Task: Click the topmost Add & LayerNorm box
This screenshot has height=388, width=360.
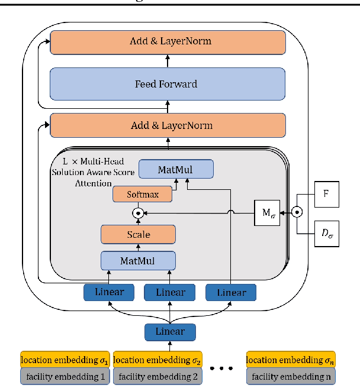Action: [168, 41]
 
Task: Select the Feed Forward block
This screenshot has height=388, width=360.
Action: [168, 84]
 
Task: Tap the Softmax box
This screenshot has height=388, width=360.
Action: [142, 193]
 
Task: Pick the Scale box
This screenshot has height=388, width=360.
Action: [139, 234]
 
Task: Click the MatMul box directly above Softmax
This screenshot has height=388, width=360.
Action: [176, 170]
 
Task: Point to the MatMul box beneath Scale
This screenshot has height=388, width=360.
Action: [139, 260]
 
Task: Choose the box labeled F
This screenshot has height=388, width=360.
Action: [325, 193]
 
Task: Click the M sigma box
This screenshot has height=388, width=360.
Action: [266, 211]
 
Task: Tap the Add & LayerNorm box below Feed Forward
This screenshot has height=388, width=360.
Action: [168, 125]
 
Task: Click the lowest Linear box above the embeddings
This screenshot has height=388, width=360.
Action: [170, 331]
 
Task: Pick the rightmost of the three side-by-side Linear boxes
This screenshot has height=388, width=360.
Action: [231, 292]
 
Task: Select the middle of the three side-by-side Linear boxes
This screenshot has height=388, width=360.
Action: [170, 292]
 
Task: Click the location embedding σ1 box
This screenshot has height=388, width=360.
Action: [65, 360]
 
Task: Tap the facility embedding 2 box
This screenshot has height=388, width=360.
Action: [156, 376]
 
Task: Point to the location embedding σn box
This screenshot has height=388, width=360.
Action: [290, 360]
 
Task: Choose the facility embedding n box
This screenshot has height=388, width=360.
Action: [290, 376]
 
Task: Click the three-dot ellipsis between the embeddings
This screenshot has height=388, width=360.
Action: [223, 368]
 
